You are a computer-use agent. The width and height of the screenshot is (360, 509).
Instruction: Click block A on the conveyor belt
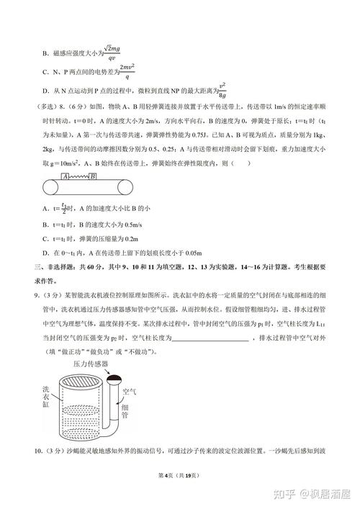click(x=66, y=176)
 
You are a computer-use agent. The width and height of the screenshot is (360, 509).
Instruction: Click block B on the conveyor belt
click(x=92, y=176)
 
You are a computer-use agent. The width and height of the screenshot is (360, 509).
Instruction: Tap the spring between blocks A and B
click(x=79, y=176)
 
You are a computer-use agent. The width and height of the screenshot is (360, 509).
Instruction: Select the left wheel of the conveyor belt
click(x=51, y=186)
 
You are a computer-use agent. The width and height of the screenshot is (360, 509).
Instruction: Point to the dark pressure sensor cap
click(x=114, y=377)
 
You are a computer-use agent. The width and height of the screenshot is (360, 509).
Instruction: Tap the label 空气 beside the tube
click(x=131, y=392)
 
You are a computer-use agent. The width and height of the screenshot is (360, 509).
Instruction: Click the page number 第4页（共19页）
click(x=179, y=477)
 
